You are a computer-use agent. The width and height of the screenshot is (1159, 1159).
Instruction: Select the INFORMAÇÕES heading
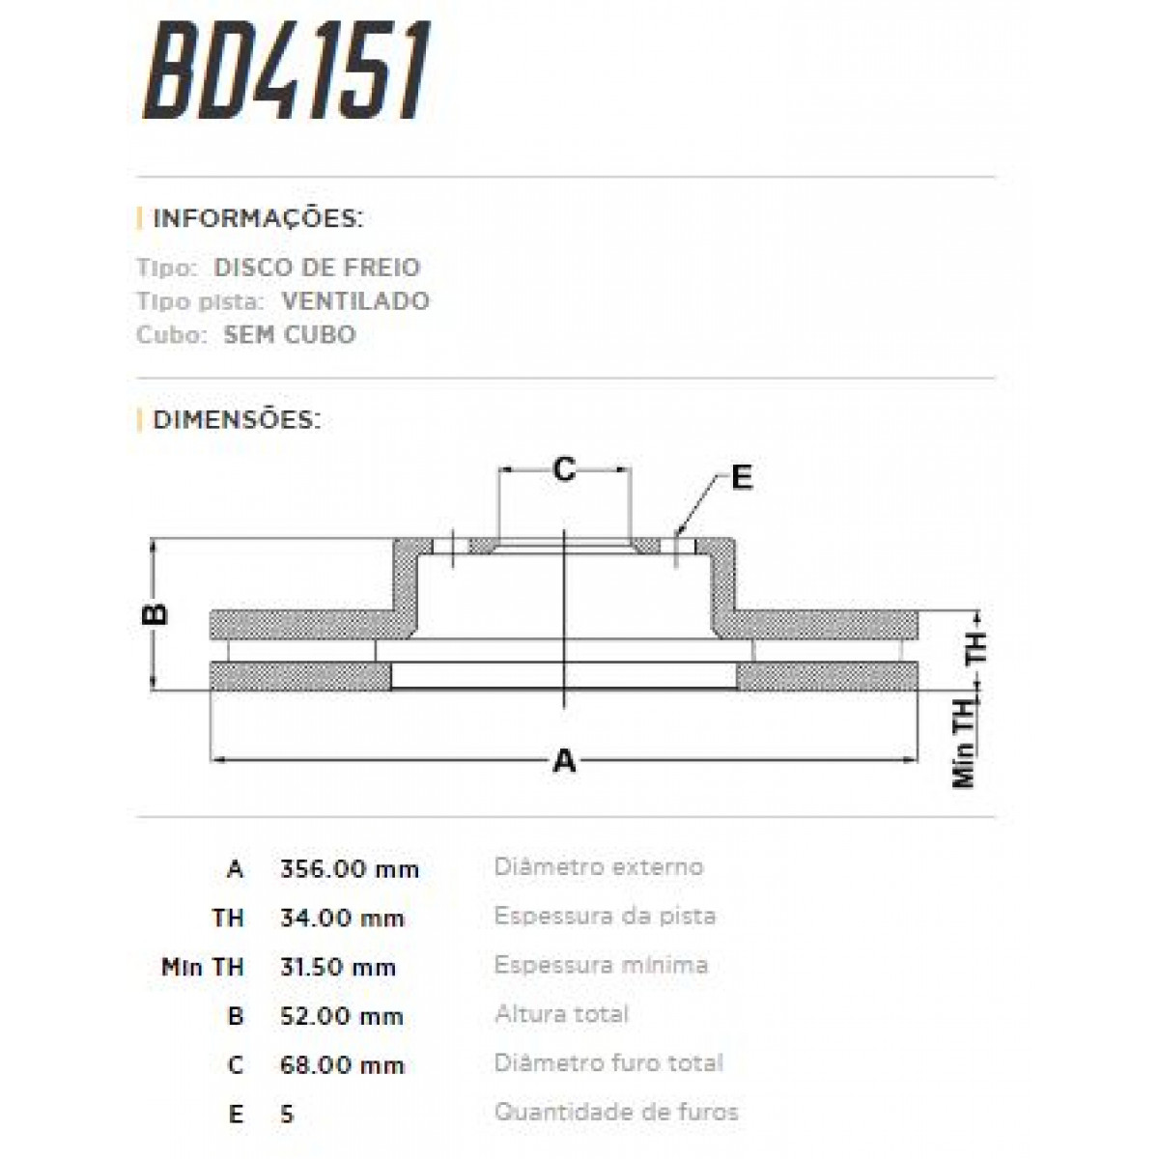click(257, 218)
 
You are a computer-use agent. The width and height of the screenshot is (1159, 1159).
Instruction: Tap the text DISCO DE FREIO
click(317, 268)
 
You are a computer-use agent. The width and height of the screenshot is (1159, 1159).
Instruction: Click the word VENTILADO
click(355, 301)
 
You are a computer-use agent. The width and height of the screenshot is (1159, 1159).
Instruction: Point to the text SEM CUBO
click(289, 335)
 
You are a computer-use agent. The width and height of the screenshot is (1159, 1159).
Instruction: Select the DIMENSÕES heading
click(236, 420)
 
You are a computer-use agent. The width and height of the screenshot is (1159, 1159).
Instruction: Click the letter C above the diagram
click(563, 470)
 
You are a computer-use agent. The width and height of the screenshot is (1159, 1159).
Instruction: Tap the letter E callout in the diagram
click(741, 477)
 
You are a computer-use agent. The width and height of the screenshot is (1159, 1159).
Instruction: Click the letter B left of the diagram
click(155, 613)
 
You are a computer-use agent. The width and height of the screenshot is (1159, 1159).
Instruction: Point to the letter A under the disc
click(564, 761)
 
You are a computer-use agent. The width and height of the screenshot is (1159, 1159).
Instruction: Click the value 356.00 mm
click(349, 869)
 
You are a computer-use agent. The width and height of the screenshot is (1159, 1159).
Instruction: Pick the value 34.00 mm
click(342, 918)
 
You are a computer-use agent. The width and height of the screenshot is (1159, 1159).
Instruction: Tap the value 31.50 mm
click(337, 967)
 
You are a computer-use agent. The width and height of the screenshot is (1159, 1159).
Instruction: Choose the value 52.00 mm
click(341, 1016)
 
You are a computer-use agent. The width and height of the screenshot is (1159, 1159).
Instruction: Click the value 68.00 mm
click(341, 1065)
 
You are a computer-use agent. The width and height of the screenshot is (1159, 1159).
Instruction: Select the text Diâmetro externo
click(598, 866)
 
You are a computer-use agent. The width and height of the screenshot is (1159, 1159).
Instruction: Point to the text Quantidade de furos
click(616, 1112)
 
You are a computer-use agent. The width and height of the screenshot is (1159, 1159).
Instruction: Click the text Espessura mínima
click(601, 965)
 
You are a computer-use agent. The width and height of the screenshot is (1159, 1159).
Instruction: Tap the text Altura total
click(561, 1014)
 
